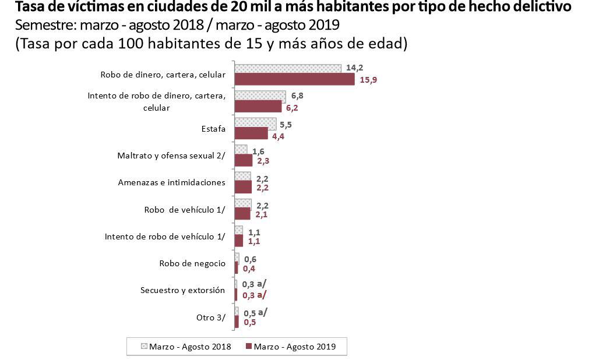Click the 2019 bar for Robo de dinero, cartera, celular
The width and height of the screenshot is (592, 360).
(x=294, y=80)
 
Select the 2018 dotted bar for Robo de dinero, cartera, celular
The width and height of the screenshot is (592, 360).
(x=287, y=69)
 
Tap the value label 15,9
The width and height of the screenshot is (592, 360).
(x=369, y=80)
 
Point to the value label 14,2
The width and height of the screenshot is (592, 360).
(x=355, y=68)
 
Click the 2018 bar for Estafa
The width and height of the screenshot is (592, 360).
(x=255, y=123)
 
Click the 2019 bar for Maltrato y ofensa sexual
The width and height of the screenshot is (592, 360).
(x=244, y=161)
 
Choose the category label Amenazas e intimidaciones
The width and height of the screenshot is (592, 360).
(x=171, y=182)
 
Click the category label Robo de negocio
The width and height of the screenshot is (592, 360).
(x=192, y=263)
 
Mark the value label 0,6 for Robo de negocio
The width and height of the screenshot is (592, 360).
(x=251, y=259)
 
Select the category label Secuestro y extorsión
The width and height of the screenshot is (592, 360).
(x=183, y=290)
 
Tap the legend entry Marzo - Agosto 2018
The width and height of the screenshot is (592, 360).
(x=186, y=347)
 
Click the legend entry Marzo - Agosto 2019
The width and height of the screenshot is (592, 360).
(x=295, y=347)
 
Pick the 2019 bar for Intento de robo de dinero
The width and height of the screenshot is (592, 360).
(x=258, y=107)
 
